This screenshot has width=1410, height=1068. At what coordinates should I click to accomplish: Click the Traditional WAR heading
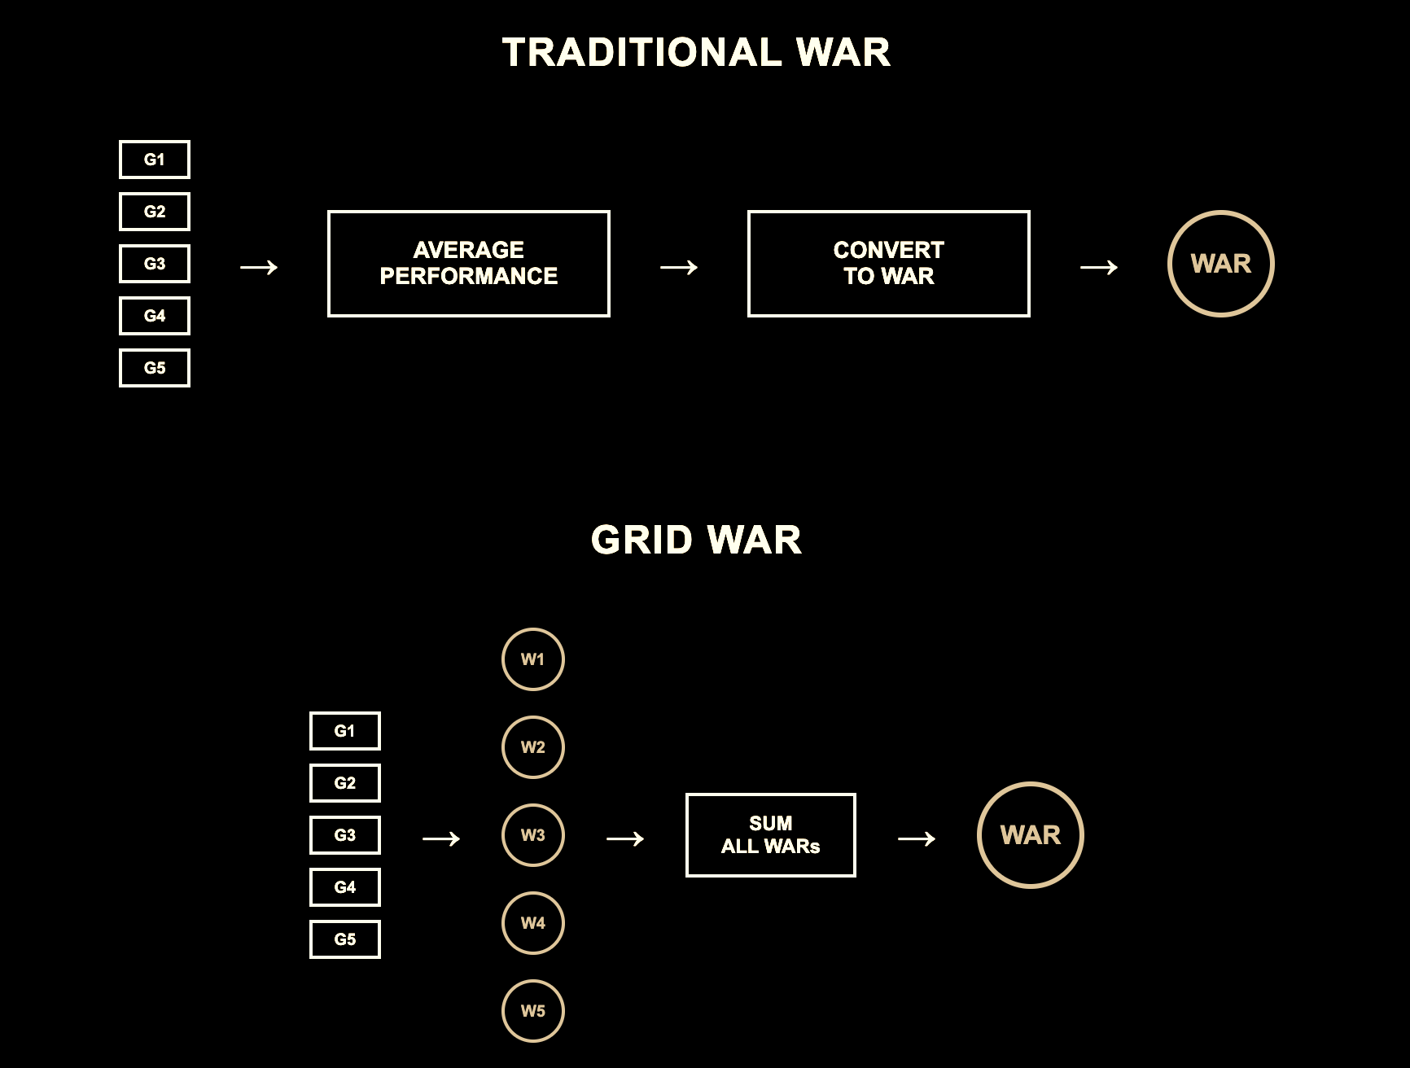(x=696, y=53)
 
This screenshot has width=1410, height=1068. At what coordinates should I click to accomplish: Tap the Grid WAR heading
(x=696, y=540)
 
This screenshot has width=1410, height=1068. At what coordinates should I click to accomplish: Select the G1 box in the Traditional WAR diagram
(x=155, y=160)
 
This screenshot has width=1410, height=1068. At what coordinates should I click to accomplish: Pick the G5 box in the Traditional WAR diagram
(x=155, y=368)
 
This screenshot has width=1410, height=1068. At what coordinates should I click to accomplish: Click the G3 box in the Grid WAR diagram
(x=345, y=835)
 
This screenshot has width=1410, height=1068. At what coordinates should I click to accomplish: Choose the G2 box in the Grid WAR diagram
(x=345, y=783)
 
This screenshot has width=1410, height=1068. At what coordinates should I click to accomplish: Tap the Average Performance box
(x=469, y=264)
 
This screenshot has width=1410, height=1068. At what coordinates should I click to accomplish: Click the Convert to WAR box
(x=889, y=264)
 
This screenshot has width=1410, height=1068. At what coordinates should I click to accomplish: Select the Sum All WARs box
(x=771, y=835)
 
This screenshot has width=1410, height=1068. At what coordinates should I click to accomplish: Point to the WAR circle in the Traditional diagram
(x=1221, y=264)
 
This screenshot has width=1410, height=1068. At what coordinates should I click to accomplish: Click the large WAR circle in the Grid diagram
(x=1031, y=835)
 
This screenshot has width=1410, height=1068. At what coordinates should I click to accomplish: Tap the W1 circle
(x=533, y=659)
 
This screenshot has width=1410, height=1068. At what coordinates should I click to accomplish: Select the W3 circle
(x=533, y=835)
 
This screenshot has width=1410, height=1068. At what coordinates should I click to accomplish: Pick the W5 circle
(x=533, y=1011)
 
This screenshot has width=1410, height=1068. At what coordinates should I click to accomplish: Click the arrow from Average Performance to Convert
(x=679, y=267)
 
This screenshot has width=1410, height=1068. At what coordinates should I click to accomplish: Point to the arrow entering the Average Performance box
(x=259, y=267)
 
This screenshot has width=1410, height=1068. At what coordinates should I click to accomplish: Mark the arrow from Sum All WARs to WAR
(x=917, y=838)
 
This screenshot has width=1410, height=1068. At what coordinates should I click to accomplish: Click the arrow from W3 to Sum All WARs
(x=625, y=838)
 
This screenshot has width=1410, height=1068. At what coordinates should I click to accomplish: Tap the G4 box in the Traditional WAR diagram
(x=155, y=316)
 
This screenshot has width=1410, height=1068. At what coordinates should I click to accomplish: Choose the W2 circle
(x=533, y=747)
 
